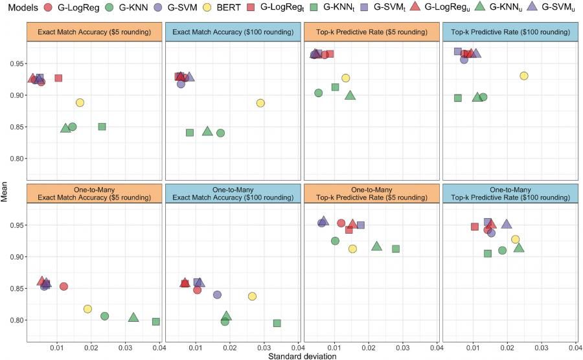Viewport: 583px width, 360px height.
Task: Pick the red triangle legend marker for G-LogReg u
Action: point(413,8)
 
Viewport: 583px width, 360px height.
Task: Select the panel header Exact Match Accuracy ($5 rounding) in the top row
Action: point(94,33)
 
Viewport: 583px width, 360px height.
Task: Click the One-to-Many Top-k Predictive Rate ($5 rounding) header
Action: point(371,192)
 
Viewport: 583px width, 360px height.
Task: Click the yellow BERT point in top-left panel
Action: point(80,103)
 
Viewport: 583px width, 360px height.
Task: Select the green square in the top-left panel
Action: point(102,127)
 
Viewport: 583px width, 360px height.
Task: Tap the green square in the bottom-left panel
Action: point(155,322)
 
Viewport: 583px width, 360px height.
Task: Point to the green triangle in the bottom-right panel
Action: point(519,247)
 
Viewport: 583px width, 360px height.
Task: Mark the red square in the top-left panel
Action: point(58,78)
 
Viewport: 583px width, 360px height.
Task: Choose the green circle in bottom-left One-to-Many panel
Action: point(105,316)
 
